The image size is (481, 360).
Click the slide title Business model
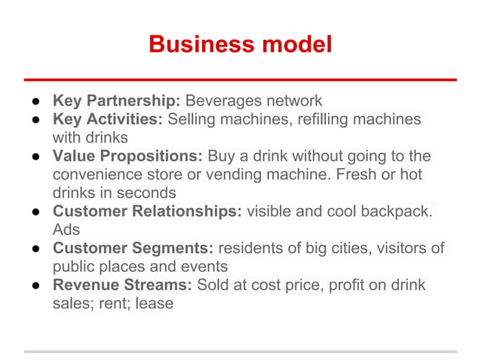click(240, 44)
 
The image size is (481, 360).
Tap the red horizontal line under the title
click(240, 79)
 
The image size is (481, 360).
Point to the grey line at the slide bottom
click(240, 351)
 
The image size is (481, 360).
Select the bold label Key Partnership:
click(116, 101)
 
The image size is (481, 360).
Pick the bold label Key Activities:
click(107, 120)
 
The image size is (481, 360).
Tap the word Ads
click(65, 230)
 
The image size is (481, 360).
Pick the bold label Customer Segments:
click(133, 249)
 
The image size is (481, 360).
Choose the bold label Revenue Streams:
click(123, 285)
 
